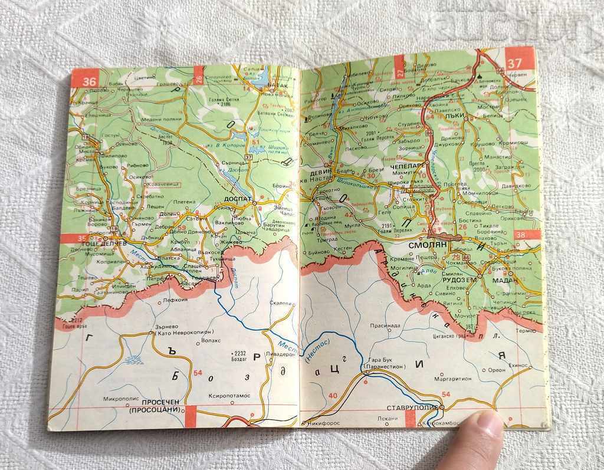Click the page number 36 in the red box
[x=90, y=82]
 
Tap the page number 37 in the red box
[x=515, y=63]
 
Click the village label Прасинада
[x=385, y=326]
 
